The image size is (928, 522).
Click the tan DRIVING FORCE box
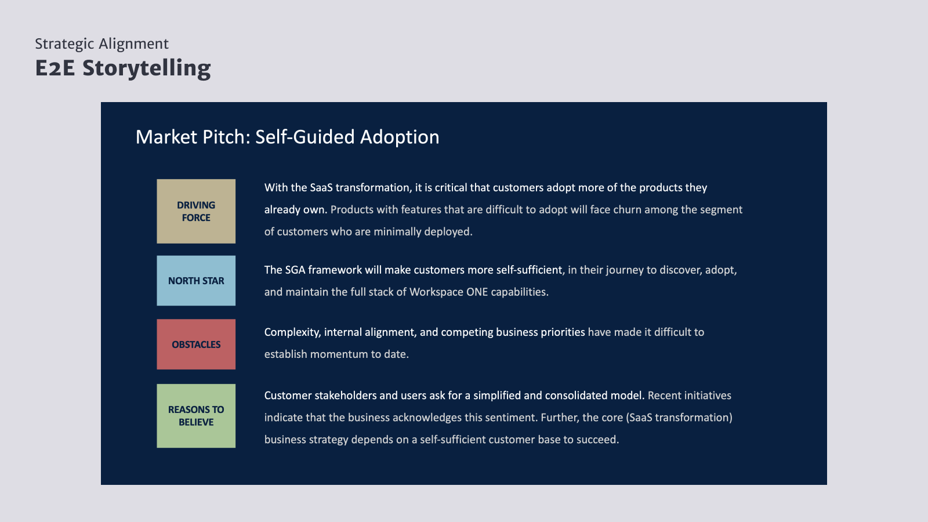196,211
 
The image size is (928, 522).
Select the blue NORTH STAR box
196,281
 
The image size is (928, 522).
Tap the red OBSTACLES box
196,345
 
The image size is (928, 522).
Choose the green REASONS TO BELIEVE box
196,415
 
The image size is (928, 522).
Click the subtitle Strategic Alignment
101,44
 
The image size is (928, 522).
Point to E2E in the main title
55,68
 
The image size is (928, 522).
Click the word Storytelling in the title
147,69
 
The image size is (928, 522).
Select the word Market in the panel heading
166,137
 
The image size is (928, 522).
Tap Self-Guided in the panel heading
304,137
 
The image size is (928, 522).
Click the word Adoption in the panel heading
400,137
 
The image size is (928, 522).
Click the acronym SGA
295,270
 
